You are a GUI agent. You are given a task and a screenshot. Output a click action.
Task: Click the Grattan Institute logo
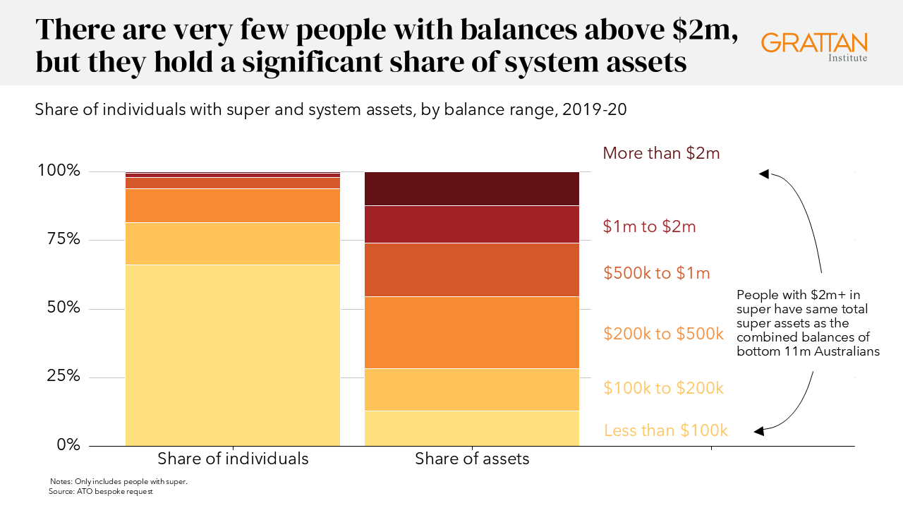(814, 46)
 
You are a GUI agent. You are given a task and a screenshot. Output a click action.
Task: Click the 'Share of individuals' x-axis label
(233, 459)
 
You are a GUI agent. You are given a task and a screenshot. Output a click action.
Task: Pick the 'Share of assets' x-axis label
(472, 459)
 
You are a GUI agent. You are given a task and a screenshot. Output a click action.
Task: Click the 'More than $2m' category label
(661, 153)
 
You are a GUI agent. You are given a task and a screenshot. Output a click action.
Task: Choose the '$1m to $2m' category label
(649, 226)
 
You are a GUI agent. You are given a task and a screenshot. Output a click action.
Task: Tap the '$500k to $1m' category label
(656, 273)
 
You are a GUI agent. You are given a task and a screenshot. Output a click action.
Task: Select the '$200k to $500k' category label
(664, 334)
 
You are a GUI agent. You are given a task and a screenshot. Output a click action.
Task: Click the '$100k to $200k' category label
(664, 388)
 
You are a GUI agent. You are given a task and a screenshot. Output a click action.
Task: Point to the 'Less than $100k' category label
(665, 430)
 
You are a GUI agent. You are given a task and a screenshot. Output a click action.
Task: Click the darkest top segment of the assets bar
(472, 188)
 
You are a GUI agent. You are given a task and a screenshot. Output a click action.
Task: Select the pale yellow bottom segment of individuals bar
(233, 355)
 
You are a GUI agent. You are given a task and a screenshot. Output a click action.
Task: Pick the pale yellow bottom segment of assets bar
(472, 428)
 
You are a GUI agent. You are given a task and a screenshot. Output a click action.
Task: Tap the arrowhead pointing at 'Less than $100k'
(759, 430)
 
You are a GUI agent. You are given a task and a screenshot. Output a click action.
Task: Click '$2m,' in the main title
(702, 30)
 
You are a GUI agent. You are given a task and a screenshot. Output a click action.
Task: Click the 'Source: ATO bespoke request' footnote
(100, 491)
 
